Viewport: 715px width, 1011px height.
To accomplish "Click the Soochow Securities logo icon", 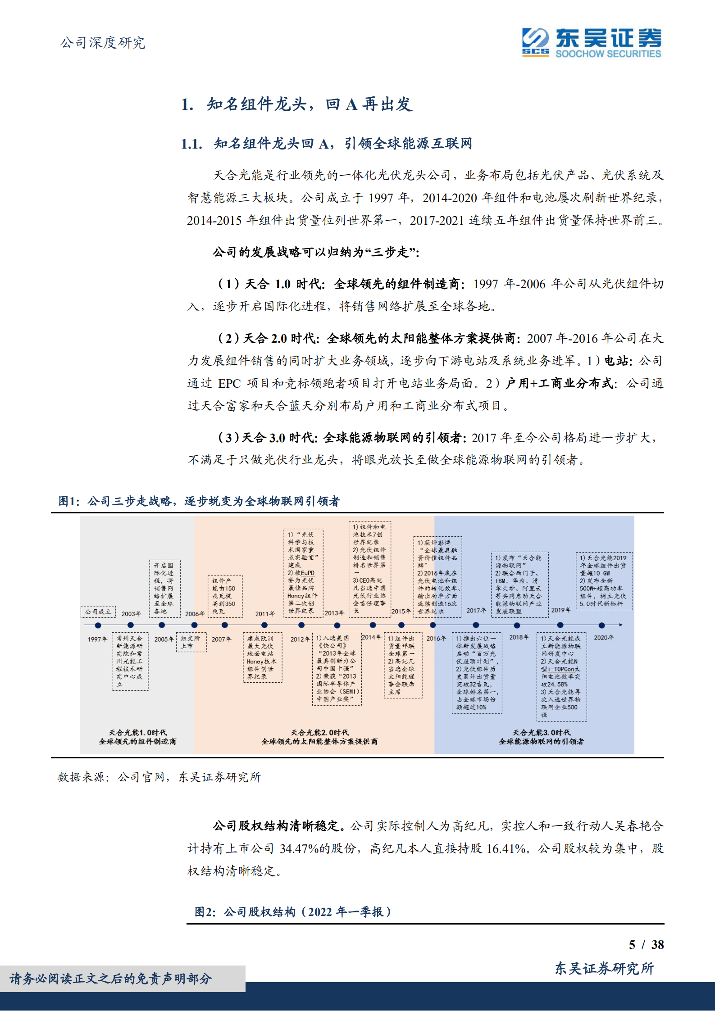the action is point(535,42).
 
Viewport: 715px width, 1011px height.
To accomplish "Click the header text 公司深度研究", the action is point(103,43).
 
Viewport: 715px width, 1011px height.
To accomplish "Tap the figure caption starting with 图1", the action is point(199,501).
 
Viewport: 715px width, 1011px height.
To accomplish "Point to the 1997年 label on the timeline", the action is point(97,639).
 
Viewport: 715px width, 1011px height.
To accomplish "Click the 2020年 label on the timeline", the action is point(603,638).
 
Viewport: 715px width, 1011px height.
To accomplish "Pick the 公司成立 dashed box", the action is point(98,612).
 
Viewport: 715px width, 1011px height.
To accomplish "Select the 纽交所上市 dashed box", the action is point(191,642).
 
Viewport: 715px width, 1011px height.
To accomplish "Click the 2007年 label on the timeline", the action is point(221,639).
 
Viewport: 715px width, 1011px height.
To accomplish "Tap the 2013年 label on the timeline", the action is point(334,613).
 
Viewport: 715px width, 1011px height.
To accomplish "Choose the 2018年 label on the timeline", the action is point(519,637).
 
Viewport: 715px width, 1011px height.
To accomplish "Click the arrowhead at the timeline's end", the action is point(621,625).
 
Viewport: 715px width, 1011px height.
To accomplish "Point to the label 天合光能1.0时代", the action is point(137,733).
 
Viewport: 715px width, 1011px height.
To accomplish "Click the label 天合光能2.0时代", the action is point(319,733).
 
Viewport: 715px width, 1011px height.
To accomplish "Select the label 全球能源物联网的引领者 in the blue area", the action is point(541,741).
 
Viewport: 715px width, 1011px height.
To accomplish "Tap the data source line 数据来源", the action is point(159,777).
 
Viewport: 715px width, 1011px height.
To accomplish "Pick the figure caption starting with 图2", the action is point(293,912).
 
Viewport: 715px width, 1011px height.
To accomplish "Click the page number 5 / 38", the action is point(646,945).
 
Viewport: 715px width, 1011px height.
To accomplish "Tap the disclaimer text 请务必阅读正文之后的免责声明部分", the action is point(111,979).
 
